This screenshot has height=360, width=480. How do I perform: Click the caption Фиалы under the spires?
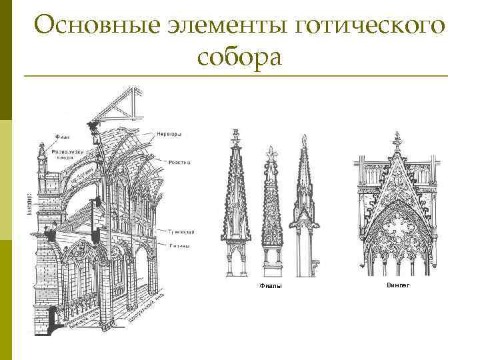click(x=269, y=286)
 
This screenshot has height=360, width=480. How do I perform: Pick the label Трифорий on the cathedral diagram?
click(x=181, y=232)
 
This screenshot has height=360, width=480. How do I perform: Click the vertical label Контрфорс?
click(x=29, y=203)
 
